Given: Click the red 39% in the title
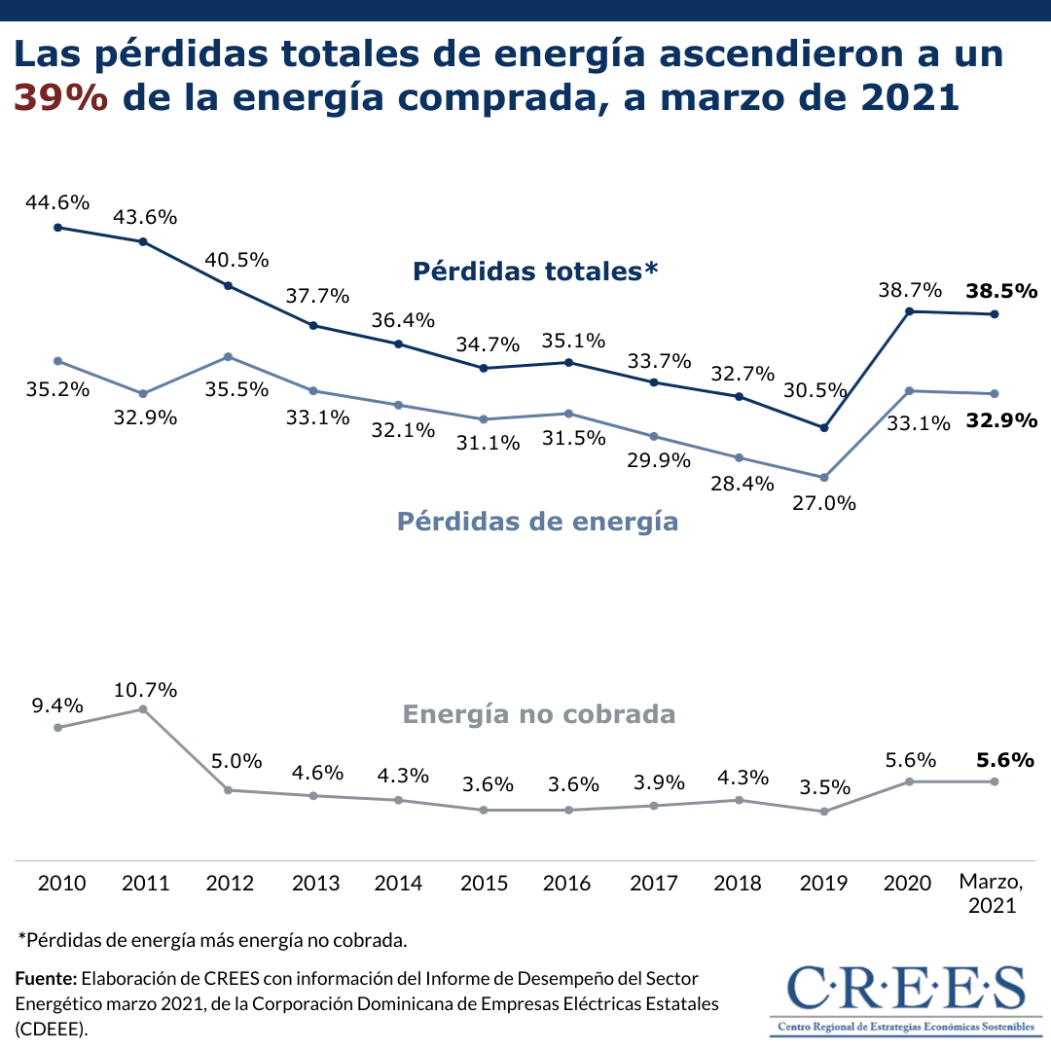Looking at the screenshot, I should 60,98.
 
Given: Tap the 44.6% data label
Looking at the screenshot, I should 58,202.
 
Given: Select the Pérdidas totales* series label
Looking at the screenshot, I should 535,271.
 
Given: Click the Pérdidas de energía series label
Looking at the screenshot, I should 537,522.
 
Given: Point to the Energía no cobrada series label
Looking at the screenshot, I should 538,714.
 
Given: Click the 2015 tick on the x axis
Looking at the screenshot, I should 484,884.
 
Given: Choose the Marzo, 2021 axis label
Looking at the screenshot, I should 992,893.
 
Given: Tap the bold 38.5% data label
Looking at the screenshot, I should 1001,290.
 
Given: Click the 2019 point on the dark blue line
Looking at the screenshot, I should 824,427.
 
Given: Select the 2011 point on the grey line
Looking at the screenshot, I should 143,709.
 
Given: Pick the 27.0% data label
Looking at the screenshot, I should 824,503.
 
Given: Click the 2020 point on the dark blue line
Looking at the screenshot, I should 909,311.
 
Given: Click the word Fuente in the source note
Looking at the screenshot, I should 44,977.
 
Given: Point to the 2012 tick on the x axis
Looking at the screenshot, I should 230,884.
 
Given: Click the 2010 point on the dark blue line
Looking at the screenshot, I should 58,228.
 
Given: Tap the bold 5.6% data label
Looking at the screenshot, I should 1004,760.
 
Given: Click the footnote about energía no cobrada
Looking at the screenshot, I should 212,940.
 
